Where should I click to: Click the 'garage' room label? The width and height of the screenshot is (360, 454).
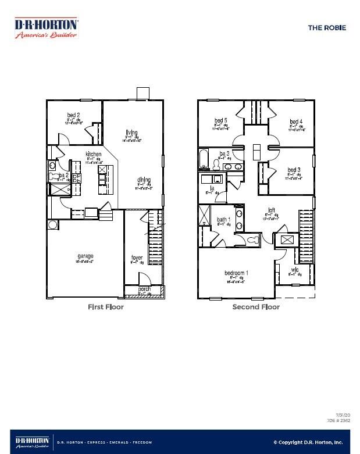85,256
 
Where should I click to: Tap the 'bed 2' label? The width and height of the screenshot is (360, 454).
73,115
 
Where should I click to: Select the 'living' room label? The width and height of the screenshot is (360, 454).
132,131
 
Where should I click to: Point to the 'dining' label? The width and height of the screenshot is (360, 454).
144,180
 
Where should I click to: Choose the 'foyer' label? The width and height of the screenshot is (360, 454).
137,258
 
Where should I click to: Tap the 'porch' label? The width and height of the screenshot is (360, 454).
144,289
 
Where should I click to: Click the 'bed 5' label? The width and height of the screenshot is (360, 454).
220,121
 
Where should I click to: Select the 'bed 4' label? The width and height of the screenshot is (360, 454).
296,121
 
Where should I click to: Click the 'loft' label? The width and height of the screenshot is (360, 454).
271,210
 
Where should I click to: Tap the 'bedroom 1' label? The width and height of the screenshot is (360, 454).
237,273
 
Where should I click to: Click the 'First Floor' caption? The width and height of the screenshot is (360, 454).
105,307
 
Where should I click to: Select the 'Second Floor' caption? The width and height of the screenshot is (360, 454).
256,307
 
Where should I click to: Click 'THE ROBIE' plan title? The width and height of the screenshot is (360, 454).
326,27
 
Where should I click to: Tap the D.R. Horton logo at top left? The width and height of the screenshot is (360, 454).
46,27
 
